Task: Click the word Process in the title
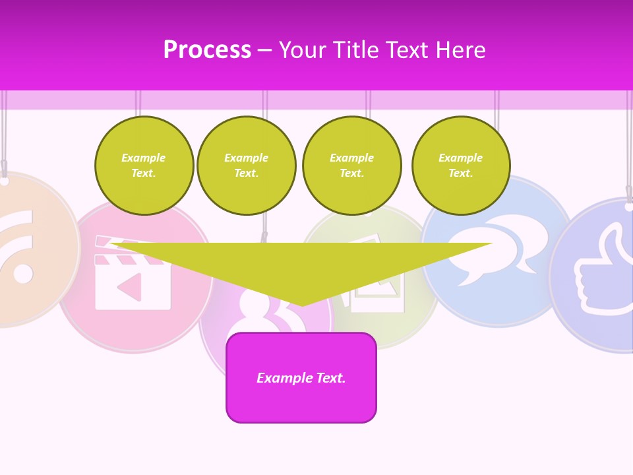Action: [x=207, y=50]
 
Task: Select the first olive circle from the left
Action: [x=144, y=166]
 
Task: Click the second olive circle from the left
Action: [x=247, y=166]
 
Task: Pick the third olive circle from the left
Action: [x=352, y=166]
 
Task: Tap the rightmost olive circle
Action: [x=461, y=166]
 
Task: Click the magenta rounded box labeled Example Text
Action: [x=301, y=377]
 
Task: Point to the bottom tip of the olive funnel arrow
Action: [x=302, y=305]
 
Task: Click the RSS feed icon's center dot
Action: [x=23, y=272]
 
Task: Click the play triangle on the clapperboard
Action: [x=130, y=286]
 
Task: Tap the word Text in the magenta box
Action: [x=332, y=378]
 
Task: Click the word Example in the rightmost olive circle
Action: [x=461, y=158]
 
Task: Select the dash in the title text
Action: [x=265, y=50]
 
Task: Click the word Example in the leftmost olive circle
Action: [x=144, y=158]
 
